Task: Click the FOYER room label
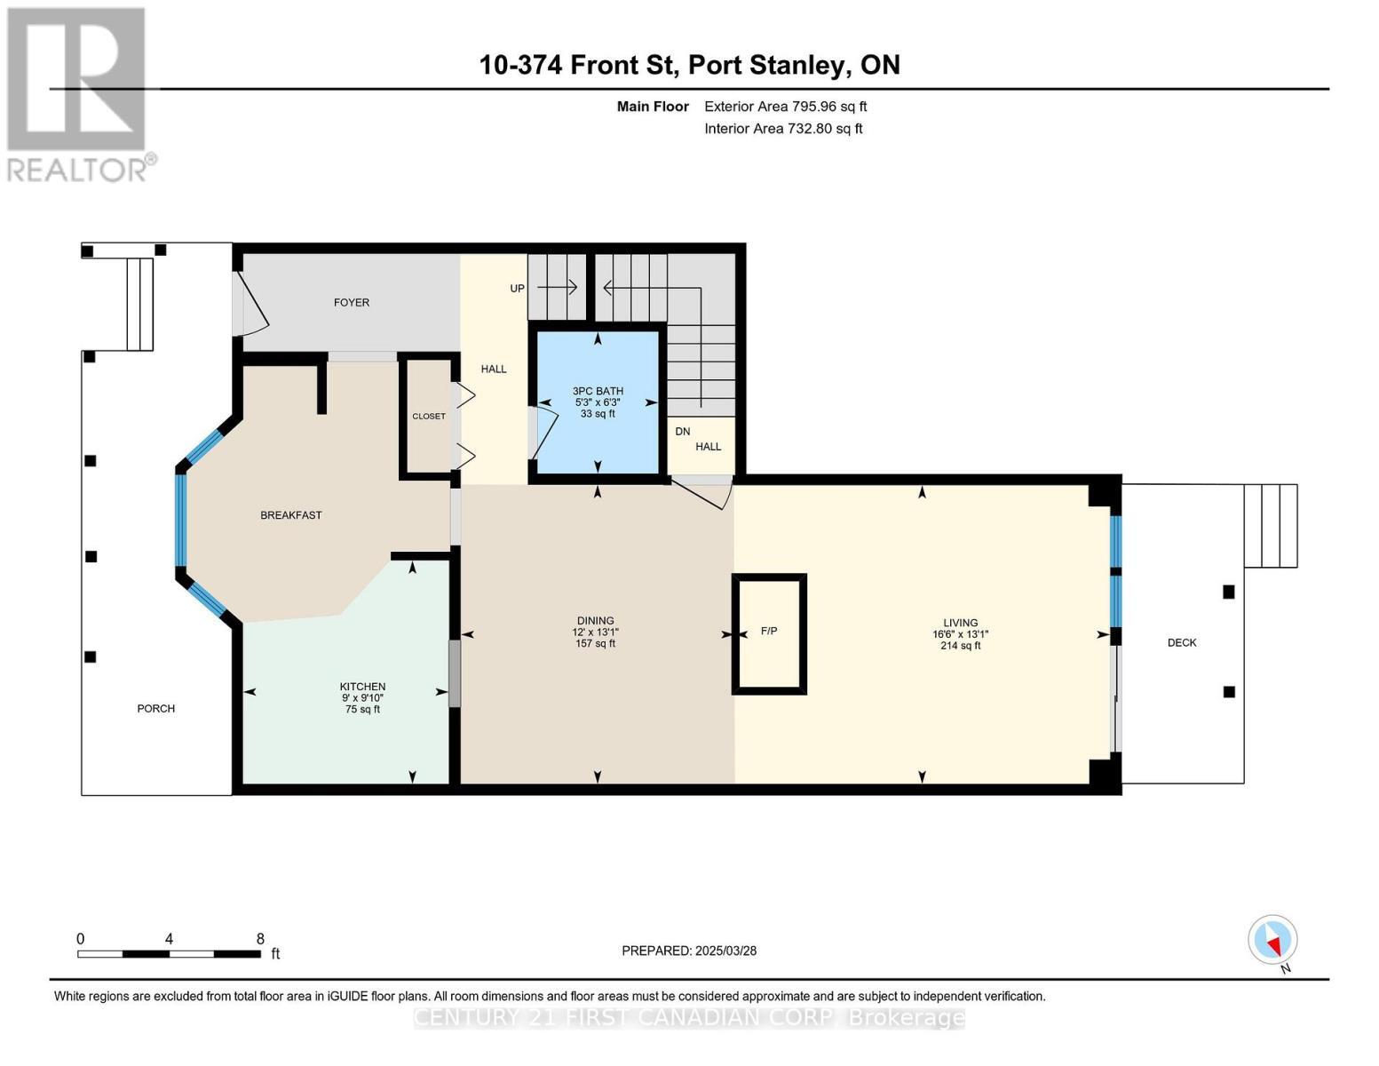point(351,303)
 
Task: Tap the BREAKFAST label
point(290,515)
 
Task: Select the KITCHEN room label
point(362,687)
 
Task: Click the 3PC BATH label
point(598,391)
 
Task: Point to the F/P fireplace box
point(769,632)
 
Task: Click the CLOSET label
point(429,416)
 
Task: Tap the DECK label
point(1182,642)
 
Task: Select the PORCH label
point(155,709)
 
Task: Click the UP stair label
point(517,288)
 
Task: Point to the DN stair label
point(682,432)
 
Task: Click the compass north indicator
point(1273,941)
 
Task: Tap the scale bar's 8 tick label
point(259,938)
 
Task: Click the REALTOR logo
point(78,93)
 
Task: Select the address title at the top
point(689,65)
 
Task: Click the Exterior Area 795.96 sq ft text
point(785,107)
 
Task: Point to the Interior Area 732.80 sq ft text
point(783,129)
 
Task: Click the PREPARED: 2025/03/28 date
point(689,951)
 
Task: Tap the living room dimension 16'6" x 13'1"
point(960,634)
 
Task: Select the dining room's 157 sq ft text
point(595,643)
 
